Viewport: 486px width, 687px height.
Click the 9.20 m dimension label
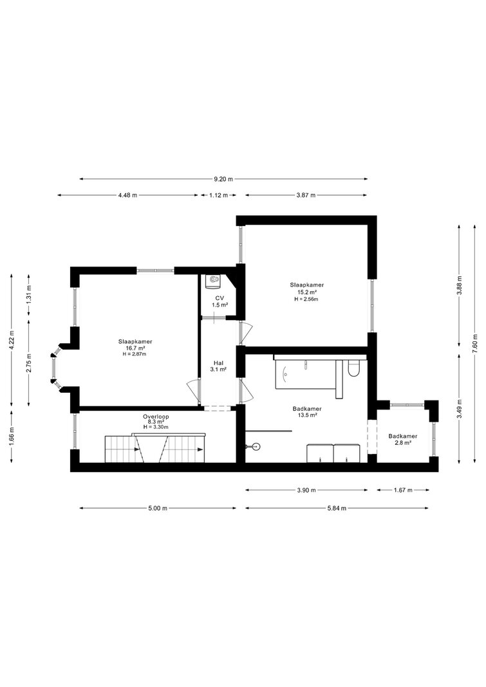223,179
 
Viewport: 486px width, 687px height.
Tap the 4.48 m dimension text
127,195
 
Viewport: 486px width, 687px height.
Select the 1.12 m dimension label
218,195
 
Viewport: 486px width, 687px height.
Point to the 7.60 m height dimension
475,344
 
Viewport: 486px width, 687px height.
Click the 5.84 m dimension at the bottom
337,508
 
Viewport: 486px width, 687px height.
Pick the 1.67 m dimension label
403,490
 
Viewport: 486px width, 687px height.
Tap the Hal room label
219,363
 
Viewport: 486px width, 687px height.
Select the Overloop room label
156,417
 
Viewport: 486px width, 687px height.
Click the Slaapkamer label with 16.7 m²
135,341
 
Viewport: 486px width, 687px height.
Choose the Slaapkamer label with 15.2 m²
306,285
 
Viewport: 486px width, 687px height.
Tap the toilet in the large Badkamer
353,369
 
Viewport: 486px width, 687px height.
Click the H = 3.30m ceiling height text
156,427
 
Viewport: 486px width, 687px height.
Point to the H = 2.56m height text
306,299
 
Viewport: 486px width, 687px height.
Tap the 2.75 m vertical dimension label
28,362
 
